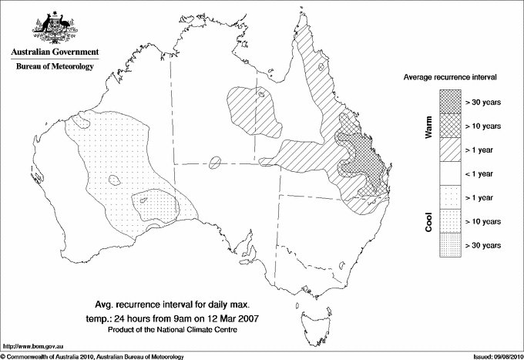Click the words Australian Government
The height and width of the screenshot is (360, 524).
(54, 52)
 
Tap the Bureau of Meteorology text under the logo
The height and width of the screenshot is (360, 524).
(54, 67)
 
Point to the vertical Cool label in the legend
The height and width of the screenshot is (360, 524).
(429, 221)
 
